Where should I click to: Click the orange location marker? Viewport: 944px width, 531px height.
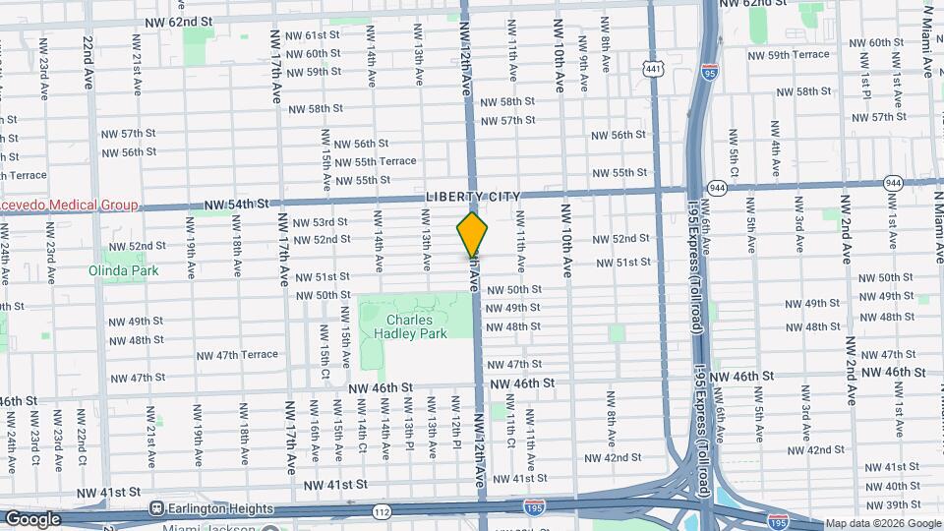pyautogui.click(x=473, y=235)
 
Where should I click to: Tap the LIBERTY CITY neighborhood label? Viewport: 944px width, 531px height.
pyautogui.click(x=473, y=197)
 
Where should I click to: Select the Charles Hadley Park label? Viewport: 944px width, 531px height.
pyautogui.click(x=417, y=326)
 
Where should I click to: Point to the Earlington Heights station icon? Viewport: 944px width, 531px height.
pyautogui.click(x=155, y=508)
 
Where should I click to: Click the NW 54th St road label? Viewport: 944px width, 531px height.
pyautogui.click(x=236, y=205)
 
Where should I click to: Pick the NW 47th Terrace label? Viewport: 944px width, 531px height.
pyautogui.click(x=237, y=355)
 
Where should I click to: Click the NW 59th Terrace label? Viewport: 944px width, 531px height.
pyautogui.click(x=799, y=55)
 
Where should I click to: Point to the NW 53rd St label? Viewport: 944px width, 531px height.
pyautogui.click(x=321, y=223)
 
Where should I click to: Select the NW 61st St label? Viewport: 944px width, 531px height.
pyautogui.click(x=312, y=35)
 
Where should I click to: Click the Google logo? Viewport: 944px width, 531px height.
pyautogui.click(x=33, y=519)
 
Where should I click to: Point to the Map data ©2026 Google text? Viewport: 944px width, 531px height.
pyautogui.click(x=883, y=523)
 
